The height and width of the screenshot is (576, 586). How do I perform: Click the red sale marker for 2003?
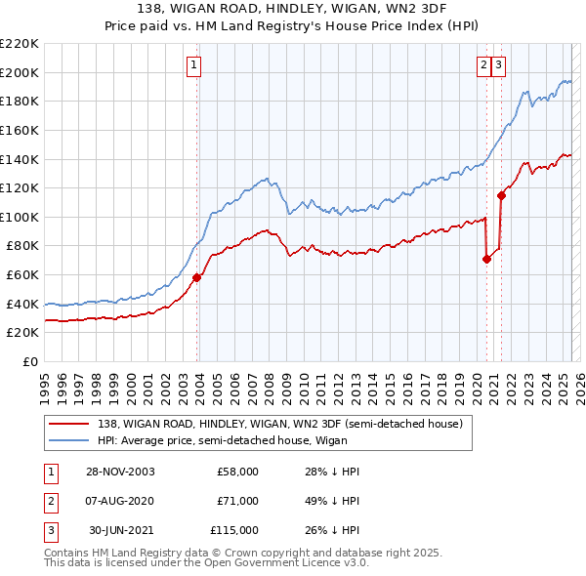point(197,277)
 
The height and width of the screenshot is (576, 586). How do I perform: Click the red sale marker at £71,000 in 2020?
point(486,259)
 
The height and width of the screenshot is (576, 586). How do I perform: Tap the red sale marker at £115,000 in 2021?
point(501,195)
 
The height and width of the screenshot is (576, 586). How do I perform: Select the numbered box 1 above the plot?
point(193,65)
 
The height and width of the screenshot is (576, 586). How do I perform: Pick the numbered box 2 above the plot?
point(483,65)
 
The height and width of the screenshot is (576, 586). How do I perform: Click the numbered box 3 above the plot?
point(498,65)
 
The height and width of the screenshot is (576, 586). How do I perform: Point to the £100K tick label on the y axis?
point(20,217)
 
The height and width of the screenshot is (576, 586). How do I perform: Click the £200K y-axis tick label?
point(20,72)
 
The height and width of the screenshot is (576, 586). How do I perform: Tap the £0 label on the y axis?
point(30,361)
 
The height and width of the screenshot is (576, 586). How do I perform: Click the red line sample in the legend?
point(69,424)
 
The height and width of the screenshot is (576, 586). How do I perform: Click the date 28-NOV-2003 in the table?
point(121,472)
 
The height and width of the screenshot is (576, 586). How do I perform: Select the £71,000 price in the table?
point(237,501)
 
